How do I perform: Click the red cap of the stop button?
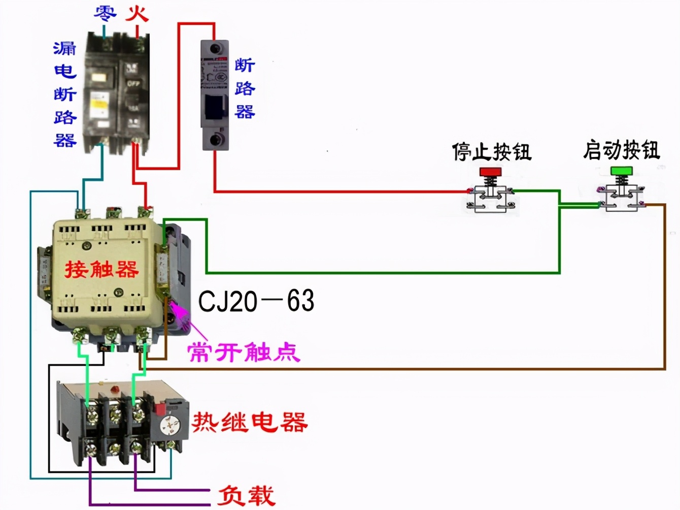[490, 172]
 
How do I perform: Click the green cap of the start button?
[621, 170]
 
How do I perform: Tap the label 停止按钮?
[491, 151]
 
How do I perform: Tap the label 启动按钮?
[621, 150]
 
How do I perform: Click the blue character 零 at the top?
[105, 13]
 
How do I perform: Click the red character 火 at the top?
[137, 13]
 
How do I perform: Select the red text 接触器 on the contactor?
[101, 269]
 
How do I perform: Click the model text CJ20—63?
[256, 301]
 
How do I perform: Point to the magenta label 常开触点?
[244, 352]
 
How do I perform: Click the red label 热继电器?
[250, 422]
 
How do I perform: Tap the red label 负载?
[246, 495]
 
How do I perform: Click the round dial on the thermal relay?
[169, 426]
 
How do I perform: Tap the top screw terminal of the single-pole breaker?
[216, 49]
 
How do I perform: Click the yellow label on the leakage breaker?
[99, 104]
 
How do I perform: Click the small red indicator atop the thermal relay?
[115, 389]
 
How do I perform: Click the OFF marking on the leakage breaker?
[133, 83]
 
